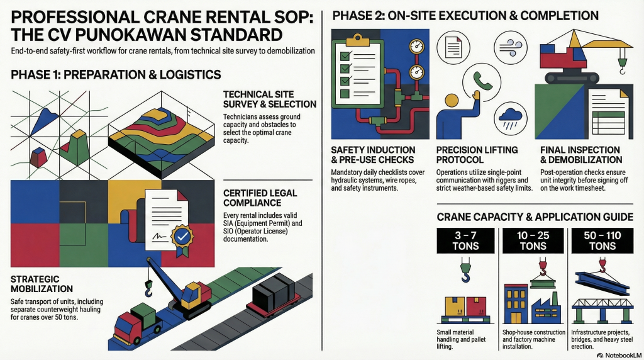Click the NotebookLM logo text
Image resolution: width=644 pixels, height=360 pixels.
point(619,355)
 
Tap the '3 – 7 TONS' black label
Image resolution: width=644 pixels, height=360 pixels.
point(465,241)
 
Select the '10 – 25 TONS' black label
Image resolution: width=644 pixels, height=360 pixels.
point(533,241)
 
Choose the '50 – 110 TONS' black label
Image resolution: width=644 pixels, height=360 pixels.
point(602,241)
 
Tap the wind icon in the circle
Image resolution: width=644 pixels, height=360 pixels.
point(510,47)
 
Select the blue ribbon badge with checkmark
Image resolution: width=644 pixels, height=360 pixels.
point(181,238)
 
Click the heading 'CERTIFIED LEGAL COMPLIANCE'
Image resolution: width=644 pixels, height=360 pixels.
point(260,198)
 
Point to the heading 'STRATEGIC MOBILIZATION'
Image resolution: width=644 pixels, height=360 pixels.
point(42,284)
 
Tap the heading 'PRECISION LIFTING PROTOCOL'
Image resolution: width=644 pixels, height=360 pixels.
point(477,155)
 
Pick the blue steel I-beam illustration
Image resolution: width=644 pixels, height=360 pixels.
point(602,283)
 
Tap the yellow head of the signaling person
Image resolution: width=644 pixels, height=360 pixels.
point(452,100)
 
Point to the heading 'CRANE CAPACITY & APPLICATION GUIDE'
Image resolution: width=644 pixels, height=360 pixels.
point(535,217)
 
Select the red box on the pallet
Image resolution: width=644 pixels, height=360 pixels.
point(476,305)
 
